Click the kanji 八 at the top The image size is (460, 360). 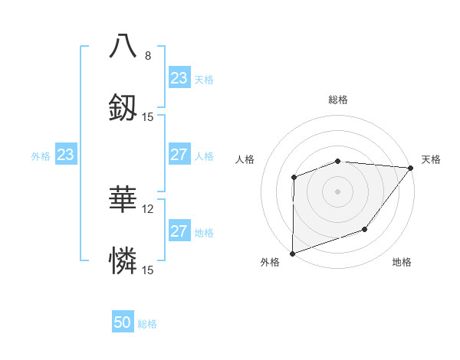(123, 47)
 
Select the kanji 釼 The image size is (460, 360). (123, 109)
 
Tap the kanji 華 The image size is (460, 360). (123, 201)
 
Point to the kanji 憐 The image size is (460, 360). (123, 262)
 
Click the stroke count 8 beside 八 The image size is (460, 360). (148, 56)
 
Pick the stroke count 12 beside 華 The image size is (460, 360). (148, 208)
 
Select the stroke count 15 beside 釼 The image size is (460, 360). (148, 117)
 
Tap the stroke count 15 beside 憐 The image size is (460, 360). (148, 270)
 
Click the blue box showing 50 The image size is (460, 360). (123, 322)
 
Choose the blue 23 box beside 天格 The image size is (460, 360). (179, 78)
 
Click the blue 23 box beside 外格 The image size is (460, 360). (66, 155)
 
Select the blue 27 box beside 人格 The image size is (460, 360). (179, 155)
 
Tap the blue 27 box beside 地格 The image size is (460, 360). (179, 231)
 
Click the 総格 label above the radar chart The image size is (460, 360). (338, 100)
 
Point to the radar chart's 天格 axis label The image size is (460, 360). (432, 159)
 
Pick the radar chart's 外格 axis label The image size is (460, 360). (270, 263)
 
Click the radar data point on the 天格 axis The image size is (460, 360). (411, 168)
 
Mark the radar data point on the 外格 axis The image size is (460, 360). (293, 253)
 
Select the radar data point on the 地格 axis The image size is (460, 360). (365, 229)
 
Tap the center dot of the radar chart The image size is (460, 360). (338, 191)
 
